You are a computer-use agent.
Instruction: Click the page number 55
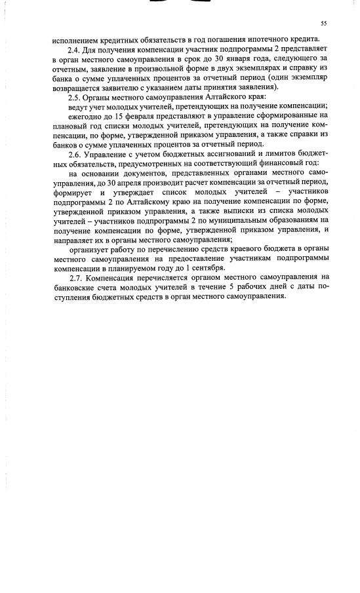[x=323, y=24]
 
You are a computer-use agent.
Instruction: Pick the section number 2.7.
[x=75, y=278]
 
